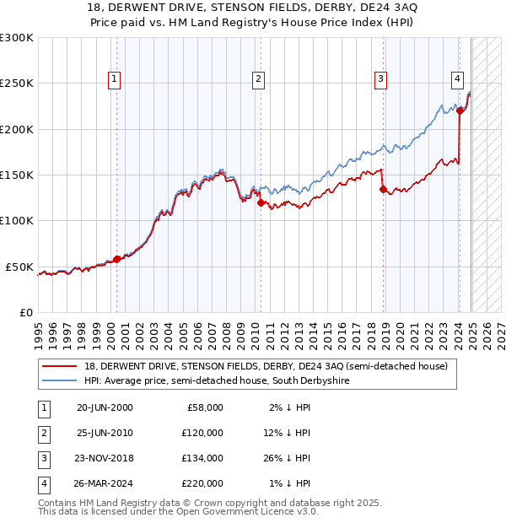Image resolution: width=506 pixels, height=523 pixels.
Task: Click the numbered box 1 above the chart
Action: coord(114,79)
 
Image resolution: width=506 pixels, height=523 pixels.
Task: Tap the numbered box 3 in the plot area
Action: coord(381,79)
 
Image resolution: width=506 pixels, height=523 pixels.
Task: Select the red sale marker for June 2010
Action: coord(260,202)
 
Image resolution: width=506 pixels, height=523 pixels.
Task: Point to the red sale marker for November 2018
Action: coord(383,190)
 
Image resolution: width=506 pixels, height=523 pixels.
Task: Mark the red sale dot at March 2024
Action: coord(460,111)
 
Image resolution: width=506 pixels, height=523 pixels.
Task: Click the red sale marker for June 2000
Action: coord(116,259)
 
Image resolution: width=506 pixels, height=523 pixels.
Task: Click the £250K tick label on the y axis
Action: coord(17,84)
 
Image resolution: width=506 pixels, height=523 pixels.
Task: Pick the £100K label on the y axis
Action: coord(17,220)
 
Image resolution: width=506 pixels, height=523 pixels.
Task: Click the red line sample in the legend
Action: coord(59,366)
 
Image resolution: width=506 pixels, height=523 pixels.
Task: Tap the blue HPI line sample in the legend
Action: coord(59,380)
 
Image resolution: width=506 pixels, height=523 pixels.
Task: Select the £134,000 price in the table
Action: coord(202,458)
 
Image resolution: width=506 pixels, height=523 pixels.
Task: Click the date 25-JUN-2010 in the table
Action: coord(105,433)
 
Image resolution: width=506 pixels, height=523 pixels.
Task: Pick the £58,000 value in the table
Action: coord(205,407)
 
